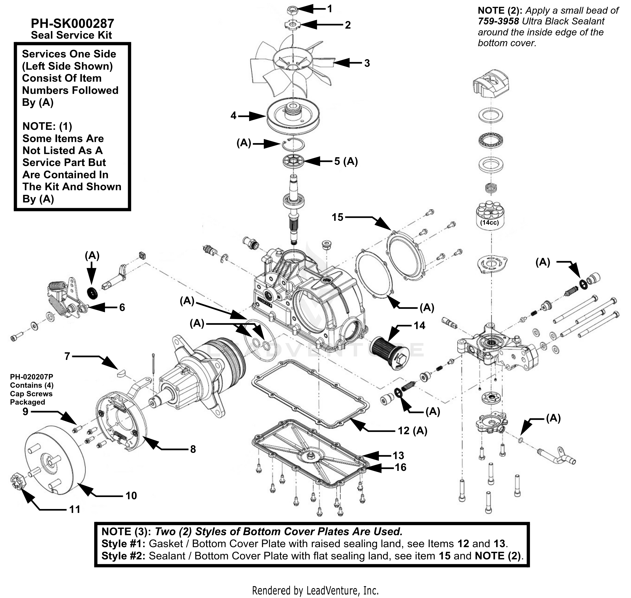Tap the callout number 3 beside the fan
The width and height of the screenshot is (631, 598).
pyautogui.click(x=367, y=63)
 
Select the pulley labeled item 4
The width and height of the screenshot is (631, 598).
pyautogui.click(x=293, y=116)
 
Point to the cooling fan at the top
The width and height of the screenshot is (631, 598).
pyautogui.click(x=292, y=68)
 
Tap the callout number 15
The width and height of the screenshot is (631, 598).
pyautogui.click(x=337, y=217)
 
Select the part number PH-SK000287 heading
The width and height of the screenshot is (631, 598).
pyautogui.click(x=72, y=23)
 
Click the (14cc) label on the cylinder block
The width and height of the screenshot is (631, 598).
pyautogui.click(x=489, y=222)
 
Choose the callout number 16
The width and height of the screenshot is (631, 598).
pyautogui.click(x=401, y=467)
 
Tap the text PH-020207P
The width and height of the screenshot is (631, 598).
pyautogui.click(x=31, y=377)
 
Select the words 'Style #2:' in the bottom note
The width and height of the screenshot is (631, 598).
pyautogui.click(x=123, y=556)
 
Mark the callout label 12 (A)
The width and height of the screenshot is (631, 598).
pyautogui.click(x=412, y=431)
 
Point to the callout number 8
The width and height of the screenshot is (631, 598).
pyautogui.click(x=193, y=449)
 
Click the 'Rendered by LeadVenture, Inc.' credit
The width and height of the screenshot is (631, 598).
pyautogui.click(x=315, y=590)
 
